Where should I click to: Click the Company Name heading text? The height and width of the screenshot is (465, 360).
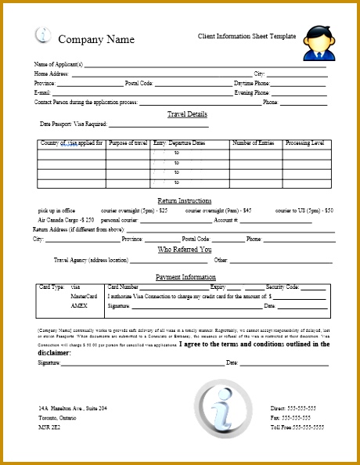click(x=96, y=40)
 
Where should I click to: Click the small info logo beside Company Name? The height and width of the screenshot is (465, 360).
click(x=44, y=35)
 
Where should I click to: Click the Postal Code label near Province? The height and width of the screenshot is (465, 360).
click(x=139, y=83)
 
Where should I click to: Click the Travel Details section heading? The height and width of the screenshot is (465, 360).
click(x=187, y=114)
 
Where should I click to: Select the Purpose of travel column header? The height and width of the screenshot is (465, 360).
click(x=128, y=143)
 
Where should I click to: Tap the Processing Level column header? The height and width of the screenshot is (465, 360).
click(x=304, y=143)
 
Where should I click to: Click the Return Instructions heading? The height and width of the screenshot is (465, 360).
click(x=184, y=201)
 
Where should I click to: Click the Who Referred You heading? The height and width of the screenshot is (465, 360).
click(x=185, y=250)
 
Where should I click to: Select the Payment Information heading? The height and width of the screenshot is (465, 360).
click(x=185, y=277)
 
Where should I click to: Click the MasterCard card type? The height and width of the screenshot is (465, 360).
click(x=84, y=297)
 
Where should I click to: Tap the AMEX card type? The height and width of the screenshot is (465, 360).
click(x=78, y=305)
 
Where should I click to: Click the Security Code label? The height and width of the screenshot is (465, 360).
click(x=283, y=287)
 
